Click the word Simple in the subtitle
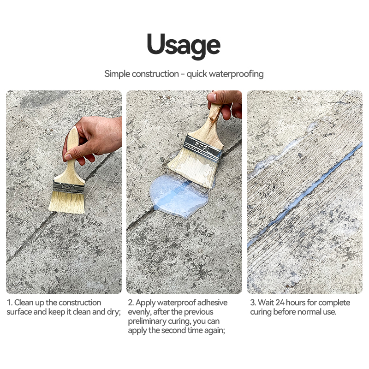coord(117,74)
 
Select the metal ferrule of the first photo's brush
coord(68,188)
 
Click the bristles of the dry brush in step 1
coord(67,202)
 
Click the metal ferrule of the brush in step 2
coord(203,146)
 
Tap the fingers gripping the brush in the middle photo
coord(225,103)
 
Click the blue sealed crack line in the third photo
coord(304,195)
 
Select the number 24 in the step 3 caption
coord(280,303)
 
